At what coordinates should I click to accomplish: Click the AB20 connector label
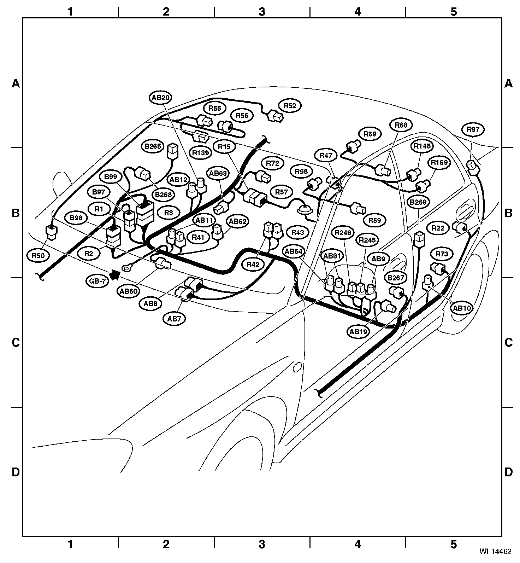coord(161,98)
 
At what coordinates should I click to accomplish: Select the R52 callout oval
coord(290,105)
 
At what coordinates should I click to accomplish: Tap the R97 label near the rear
coord(473,129)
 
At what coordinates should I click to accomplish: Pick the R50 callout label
coord(39,255)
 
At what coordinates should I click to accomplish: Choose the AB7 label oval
coord(174,319)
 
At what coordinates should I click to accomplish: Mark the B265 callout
coord(153,146)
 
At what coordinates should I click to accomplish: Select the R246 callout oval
coord(343,233)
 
